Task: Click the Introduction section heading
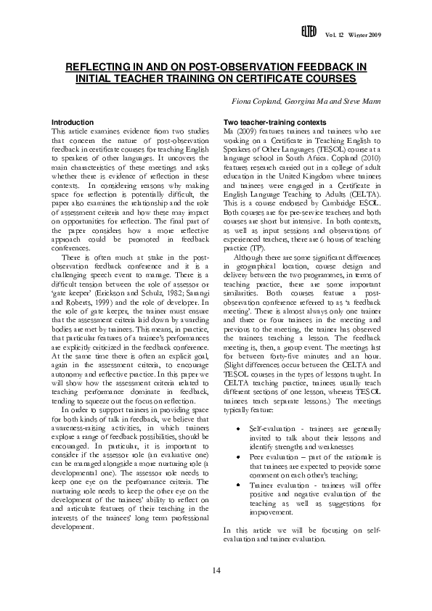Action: tap(73, 121)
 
